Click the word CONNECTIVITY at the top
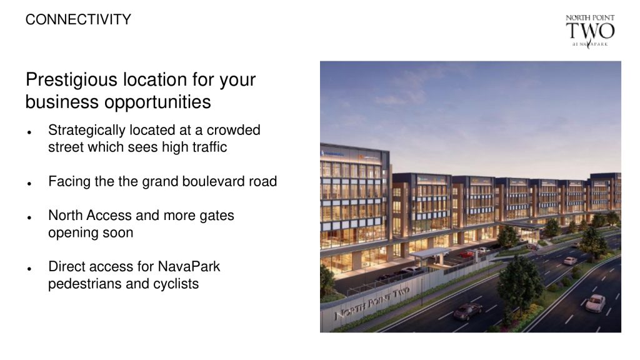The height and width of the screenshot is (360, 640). point(78,19)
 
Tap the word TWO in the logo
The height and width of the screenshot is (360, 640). point(590,31)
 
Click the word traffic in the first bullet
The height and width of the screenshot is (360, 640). point(205,147)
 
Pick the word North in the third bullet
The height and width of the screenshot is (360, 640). point(65,216)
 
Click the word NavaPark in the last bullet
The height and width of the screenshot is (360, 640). point(189,267)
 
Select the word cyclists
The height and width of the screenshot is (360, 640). point(176,284)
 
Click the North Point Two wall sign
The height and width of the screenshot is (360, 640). point(372,302)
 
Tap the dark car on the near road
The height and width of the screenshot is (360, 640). point(467,311)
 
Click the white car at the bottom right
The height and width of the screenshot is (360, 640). point(596,303)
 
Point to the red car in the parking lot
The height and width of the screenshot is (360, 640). point(466,254)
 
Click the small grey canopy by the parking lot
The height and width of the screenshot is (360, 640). point(429,253)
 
